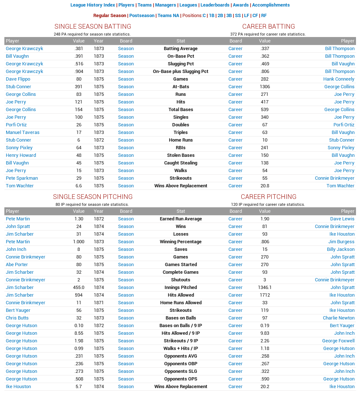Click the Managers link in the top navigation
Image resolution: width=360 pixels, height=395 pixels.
tap(166, 5)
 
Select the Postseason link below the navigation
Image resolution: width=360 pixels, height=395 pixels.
tap(142, 16)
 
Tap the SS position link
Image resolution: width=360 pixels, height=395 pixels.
tap(238, 16)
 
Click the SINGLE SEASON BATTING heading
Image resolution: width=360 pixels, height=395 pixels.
tap(93, 27)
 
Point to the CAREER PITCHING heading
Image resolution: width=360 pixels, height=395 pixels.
tap(268, 197)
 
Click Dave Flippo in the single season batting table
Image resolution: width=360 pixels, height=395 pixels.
tap(18, 79)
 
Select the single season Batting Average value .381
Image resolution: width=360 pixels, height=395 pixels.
tap(78, 49)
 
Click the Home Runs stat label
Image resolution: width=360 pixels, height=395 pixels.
tap(181, 140)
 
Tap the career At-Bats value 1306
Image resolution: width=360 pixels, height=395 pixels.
tap(264, 87)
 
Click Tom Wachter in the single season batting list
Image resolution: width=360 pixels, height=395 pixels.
tap(20, 186)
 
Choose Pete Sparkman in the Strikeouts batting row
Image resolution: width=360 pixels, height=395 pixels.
tap(22, 178)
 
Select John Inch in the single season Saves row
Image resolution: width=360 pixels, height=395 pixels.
tap(16, 249)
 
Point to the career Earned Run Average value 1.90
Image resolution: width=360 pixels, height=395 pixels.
tap(264, 219)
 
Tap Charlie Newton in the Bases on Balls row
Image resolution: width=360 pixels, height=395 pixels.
tap(339, 318)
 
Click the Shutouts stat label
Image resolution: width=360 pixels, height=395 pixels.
tap(181, 280)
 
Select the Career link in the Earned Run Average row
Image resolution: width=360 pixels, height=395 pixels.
tap(235, 219)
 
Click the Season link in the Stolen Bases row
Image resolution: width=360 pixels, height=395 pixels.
tap(126, 155)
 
